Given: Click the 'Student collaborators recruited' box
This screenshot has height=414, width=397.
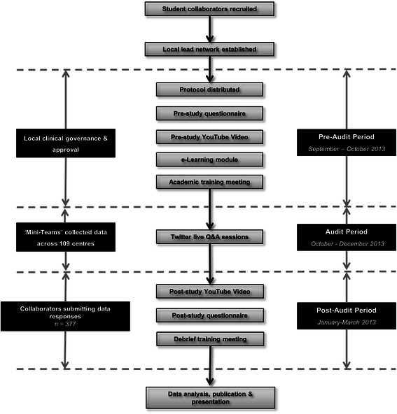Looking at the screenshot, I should (x=209, y=9).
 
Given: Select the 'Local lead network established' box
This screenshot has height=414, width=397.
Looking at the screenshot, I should (x=209, y=48).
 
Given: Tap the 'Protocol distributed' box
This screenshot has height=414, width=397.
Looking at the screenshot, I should (x=209, y=90).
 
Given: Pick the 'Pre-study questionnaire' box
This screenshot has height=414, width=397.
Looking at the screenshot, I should (x=209, y=113).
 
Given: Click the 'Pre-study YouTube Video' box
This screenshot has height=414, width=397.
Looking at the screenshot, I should (x=209, y=136).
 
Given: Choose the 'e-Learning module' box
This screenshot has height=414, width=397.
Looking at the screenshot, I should (x=209, y=159).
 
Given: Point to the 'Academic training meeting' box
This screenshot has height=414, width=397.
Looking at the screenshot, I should (x=209, y=182).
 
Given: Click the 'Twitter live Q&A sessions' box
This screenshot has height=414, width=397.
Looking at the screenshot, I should (x=209, y=236).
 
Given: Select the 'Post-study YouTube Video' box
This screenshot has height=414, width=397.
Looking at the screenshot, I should (x=209, y=291).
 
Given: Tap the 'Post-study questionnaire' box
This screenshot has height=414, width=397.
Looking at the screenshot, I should (x=209, y=315).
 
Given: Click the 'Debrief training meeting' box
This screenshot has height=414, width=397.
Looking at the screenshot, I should (x=209, y=338).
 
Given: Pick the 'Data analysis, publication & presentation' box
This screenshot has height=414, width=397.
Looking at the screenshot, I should (x=209, y=398).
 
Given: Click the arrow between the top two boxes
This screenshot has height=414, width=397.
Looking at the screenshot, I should (x=209, y=29).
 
